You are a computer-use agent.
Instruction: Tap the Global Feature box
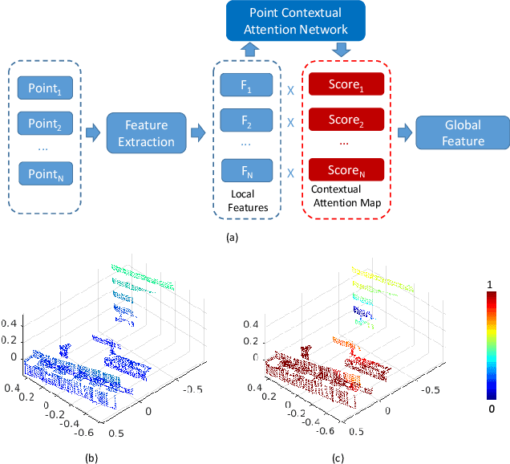pos(464,132)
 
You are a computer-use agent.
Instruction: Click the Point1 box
pos(45,87)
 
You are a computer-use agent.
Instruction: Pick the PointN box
pos(45,173)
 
